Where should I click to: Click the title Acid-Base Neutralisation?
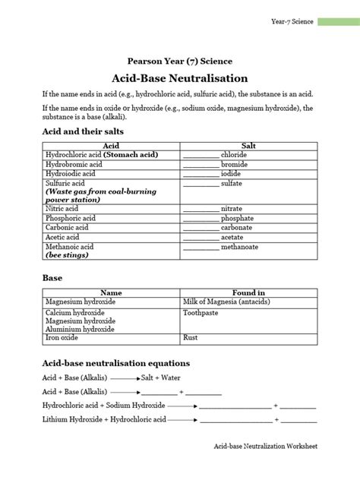179,77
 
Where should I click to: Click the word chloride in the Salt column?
234,154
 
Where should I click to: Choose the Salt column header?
248,144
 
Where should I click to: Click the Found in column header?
248,292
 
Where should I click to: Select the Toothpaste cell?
201,311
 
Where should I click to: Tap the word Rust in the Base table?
191,337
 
